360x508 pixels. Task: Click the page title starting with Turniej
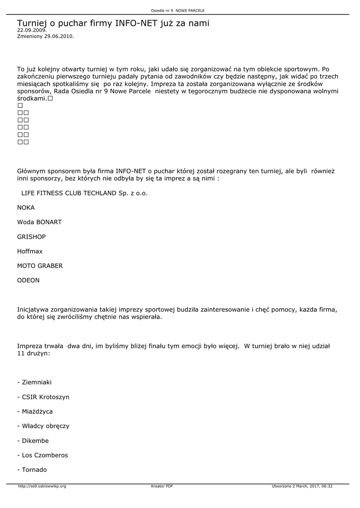tap(113, 23)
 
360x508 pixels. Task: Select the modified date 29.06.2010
tap(45, 36)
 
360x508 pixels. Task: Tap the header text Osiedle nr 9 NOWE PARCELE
tap(178, 10)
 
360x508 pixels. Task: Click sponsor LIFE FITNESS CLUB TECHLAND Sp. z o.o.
tap(84, 193)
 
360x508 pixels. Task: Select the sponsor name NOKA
tap(26, 207)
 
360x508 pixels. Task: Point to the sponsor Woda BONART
tap(39, 222)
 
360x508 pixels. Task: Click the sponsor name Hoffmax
tap(30, 251)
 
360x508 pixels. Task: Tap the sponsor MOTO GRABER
tap(40, 266)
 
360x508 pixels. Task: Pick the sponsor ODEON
tap(28, 280)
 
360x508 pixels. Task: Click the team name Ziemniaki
tap(34, 382)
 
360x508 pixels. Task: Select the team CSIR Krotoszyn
tap(43, 397)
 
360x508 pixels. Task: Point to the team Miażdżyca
tap(35, 411)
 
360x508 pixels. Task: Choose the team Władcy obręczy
tap(43, 426)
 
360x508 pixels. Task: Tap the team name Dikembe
tap(33, 441)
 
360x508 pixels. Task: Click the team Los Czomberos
tap(42, 455)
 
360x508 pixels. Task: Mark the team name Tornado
tap(32, 470)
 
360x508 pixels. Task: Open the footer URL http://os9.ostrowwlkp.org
tap(42, 486)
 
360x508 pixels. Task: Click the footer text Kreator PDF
tap(162, 486)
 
